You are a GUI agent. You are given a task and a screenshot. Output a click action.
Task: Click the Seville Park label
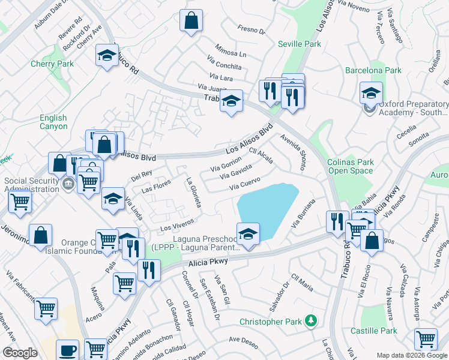click(300, 44)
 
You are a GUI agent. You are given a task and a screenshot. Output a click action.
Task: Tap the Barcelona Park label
click(373, 70)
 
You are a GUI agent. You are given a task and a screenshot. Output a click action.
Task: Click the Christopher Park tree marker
click(310, 321)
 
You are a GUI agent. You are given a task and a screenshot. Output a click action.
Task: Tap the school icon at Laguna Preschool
click(247, 233)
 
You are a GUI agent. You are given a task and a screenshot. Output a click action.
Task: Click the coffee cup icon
click(68, 350)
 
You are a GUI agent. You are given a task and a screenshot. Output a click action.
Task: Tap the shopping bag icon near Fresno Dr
click(191, 22)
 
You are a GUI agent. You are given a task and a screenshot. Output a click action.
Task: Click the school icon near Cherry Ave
click(107, 56)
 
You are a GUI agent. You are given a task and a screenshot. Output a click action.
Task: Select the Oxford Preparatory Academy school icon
click(371, 93)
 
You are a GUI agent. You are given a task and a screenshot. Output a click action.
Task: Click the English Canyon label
click(53, 122)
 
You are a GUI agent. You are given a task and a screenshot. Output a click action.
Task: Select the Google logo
click(20, 353)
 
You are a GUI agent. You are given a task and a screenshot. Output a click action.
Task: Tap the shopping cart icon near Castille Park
click(426, 339)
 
